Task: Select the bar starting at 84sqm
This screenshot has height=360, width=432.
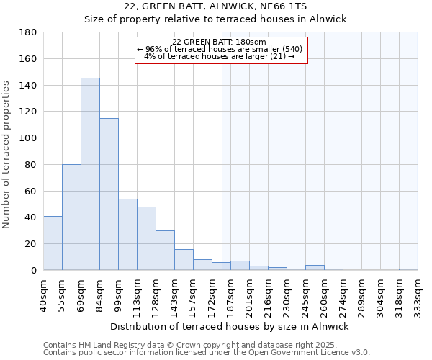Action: pos(109,194)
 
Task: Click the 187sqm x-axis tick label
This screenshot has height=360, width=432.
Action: pos(231,293)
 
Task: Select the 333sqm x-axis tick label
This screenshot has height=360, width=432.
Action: pos(418,293)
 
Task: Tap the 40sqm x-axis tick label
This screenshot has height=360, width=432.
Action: pos(44,293)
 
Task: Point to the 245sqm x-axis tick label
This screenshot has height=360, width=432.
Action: pos(306,293)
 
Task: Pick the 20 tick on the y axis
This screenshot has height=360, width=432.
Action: pos(31,244)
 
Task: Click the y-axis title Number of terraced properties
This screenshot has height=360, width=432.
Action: pos(6,155)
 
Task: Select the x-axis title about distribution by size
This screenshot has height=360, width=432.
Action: pos(230,326)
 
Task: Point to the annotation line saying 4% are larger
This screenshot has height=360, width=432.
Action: pos(220,56)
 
